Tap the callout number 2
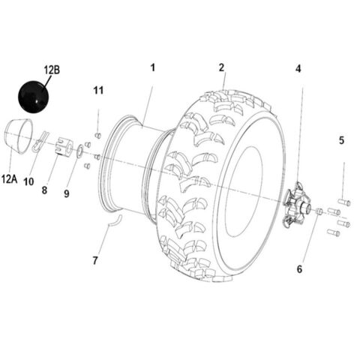click(222, 67)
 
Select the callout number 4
click(298, 68)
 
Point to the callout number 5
click(341, 139)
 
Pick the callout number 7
click(95, 261)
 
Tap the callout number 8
click(44, 190)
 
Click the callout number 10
click(28, 181)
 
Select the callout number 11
click(98, 91)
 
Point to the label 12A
click(10, 178)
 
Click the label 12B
click(52, 70)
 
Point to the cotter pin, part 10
click(42, 142)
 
